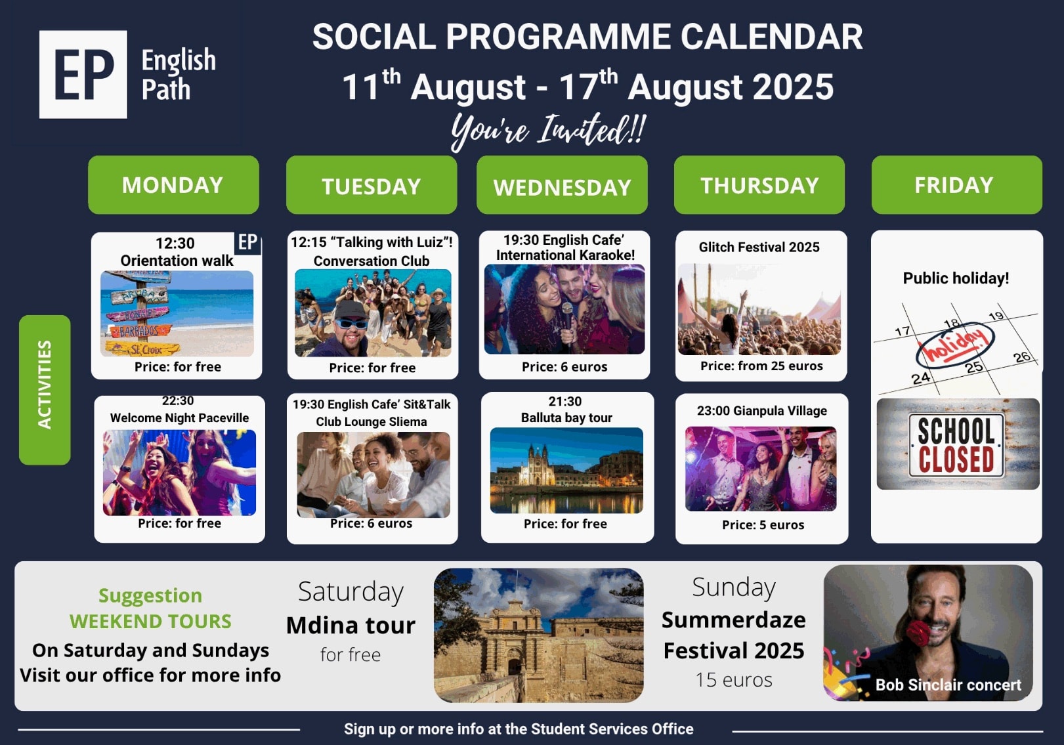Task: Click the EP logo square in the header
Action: pos(83,75)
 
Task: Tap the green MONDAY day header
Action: pos(173,185)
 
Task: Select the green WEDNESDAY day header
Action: pos(562,185)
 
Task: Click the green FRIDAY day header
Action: pos(956,185)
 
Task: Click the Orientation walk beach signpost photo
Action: pos(177,314)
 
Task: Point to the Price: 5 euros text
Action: pos(763,525)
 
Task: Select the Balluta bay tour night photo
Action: pos(566,471)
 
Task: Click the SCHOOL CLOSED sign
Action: pos(956,445)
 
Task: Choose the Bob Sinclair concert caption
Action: pos(948,685)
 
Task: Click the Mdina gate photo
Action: pos(539,635)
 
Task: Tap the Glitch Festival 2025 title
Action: pos(759,247)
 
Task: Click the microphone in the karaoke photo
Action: pos(567,323)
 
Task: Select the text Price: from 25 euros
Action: pos(761,366)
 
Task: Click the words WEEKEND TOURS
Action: pos(150,622)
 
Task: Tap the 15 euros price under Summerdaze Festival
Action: pos(734,680)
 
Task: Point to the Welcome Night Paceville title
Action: pos(179,417)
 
